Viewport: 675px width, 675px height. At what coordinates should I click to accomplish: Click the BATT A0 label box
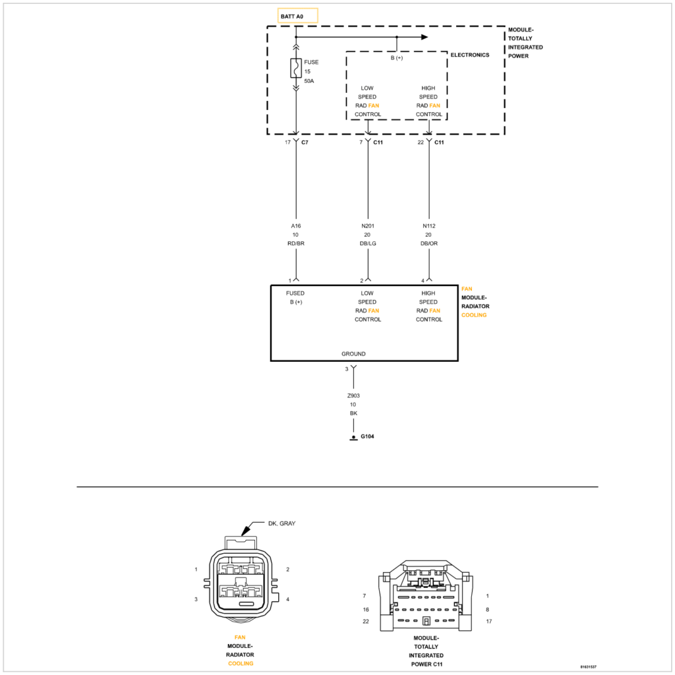pyautogui.click(x=298, y=15)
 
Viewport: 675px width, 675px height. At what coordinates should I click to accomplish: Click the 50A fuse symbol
pyautogui.click(x=296, y=68)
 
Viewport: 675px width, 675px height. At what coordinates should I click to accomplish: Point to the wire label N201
pyautogui.click(x=368, y=225)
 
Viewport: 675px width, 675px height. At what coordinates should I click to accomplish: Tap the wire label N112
pyautogui.click(x=429, y=225)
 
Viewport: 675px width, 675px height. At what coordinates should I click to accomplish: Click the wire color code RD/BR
pyautogui.click(x=297, y=243)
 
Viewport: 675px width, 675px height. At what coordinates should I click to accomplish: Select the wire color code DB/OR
pyautogui.click(x=429, y=243)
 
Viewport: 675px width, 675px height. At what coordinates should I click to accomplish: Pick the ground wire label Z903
pyautogui.click(x=353, y=396)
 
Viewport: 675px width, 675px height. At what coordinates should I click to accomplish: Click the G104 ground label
pyautogui.click(x=367, y=437)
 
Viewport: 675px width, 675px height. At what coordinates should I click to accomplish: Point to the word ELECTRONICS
pyautogui.click(x=470, y=55)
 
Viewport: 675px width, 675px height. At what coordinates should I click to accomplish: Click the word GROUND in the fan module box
pyautogui.click(x=353, y=354)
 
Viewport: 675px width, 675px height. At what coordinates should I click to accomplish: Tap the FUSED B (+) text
pyautogui.click(x=295, y=297)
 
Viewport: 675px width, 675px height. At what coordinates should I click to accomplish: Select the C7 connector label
pyautogui.click(x=305, y=142)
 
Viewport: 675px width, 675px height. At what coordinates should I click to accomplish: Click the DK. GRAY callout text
pyautogui.click(x=281, y=523)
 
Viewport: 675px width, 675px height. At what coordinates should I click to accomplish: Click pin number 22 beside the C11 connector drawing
pyautogui.click(x=365, y=622)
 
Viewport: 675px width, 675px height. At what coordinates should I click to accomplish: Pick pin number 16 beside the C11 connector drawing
pyautogui.click(x=365, y=610)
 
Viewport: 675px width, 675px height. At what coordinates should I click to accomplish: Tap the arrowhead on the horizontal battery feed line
pyautogui.click(x=425, y=37)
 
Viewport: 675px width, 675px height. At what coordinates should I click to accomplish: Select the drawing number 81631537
pyautogui.click(x=588, y=666)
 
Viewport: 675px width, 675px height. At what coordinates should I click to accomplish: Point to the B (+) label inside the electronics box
pyautogui.click(x=397, y=58)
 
